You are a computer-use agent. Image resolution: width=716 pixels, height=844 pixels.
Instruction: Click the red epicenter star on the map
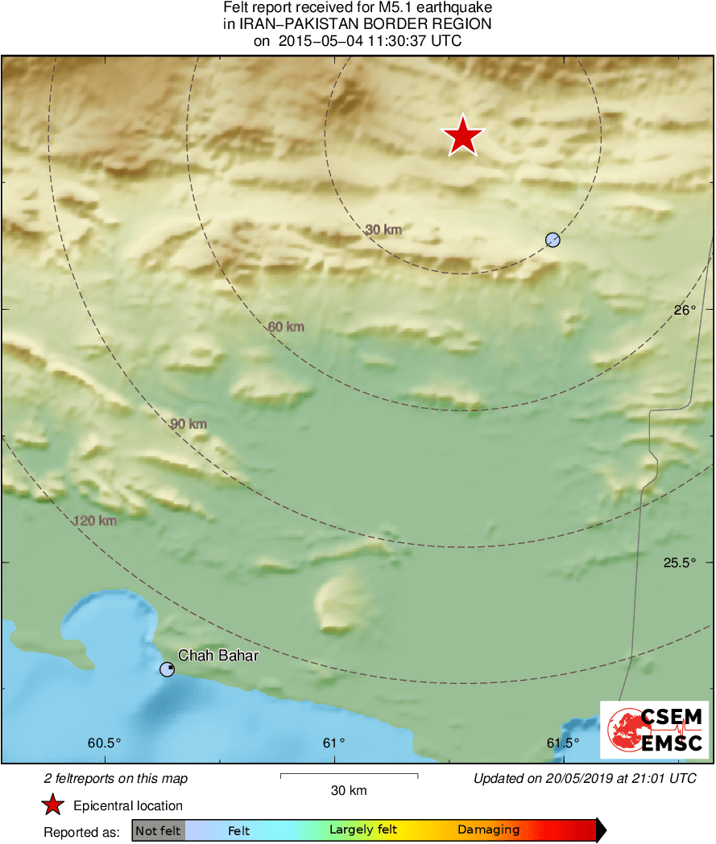(463, 135)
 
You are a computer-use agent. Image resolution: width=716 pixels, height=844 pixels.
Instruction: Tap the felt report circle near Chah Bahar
(167, 669)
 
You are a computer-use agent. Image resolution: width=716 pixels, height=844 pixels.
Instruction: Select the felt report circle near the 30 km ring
(553, 239)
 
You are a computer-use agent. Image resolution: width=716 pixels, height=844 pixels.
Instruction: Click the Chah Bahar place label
(217, 656)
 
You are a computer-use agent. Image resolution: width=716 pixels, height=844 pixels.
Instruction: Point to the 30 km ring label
(383, 230)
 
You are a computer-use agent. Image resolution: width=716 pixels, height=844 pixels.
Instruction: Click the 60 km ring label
(286, 327)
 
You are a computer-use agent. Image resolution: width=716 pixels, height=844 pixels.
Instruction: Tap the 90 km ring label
(188, 424)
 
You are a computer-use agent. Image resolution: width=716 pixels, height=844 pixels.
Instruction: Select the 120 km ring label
(95, 521)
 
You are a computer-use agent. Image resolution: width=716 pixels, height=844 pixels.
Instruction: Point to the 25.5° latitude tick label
(680, 563)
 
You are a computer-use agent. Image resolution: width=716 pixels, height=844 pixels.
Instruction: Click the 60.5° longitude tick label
(105, 743)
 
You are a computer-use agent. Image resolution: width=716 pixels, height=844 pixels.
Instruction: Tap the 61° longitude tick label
(334, 743)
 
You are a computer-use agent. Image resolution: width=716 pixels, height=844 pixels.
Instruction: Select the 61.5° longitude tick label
(562, 743)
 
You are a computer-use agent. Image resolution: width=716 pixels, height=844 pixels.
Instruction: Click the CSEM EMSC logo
(654, 730)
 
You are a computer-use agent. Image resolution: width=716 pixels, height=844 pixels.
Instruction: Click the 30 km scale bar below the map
(349, 776)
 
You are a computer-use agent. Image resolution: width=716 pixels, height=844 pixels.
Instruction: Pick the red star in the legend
(53, 805)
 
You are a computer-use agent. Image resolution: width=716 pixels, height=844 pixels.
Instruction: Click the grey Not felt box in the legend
(158, 830)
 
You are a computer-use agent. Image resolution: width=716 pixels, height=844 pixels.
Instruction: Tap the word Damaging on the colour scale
(488, 830)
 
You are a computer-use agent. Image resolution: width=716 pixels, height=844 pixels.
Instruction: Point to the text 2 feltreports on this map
(116, 779)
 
